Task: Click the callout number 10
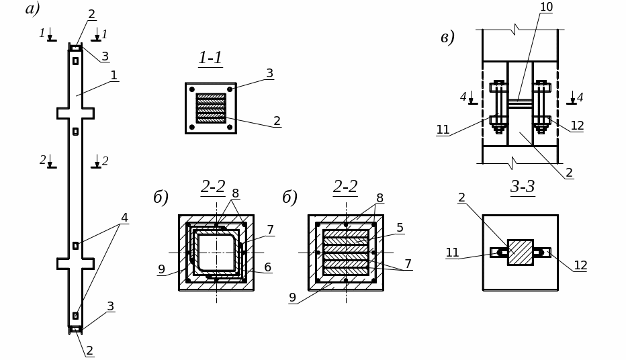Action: click(x=546, y=7)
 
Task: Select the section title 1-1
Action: click(x=210, y=58)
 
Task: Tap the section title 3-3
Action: click(x=523, y=187)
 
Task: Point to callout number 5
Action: click(x=400, y=228)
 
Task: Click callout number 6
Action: click(x=267, y=267)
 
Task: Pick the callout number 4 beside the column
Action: click(x=124, y=218)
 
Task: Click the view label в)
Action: click(x=447, y=37)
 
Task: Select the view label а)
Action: click(x=32, y=8)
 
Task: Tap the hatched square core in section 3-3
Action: click(x=520, y=252)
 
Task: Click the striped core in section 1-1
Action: click(x=210, y=108)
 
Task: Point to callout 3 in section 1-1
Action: click(x=269, y=73)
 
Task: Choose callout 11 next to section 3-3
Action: click(x=452, y=253)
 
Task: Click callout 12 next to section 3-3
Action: click(x=580, y=265)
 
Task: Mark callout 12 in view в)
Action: click(x=577, y=126)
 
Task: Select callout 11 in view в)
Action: click(x=443, y=130)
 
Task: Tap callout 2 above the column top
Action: click(x=91, y=14)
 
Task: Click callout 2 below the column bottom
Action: click(x=89, y=351)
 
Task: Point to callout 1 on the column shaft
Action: click(x=114, y=75)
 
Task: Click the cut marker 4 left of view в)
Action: click(x=463, y=97)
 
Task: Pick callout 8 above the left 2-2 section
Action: click(x=235, y=193)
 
